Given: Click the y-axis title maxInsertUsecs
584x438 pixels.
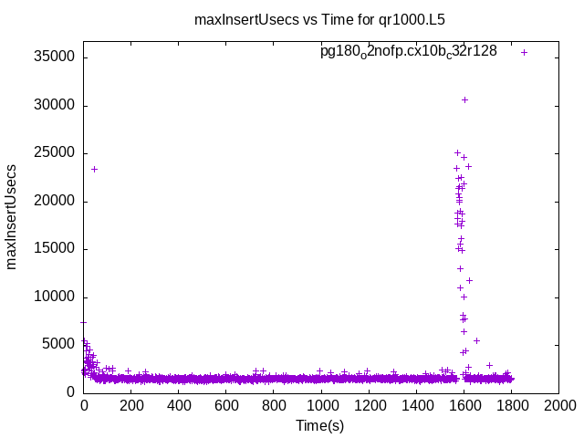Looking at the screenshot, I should pyautogui.click(x=12, y=216).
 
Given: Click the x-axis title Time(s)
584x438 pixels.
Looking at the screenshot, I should pyautogui.click(x=320, y=425).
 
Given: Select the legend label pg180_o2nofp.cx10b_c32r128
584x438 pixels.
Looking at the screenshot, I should pyautogui.click(x=408, y=52).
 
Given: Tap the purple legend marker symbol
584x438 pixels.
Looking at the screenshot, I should pyautogui.click(x=524, y=52).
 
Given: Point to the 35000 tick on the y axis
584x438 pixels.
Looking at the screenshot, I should pyautogui.click(x=55, y=57).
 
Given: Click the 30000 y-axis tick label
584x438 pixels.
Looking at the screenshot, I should pyautogui.click(x=55, y=106).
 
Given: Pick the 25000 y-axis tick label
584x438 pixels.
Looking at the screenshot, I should pyautogui.click(x=55, y=153).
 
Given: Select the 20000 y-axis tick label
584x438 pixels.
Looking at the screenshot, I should pyautogui.click(x=55, y=201).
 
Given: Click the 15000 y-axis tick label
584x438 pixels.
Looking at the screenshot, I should pyautogui.click(x=55, y=249).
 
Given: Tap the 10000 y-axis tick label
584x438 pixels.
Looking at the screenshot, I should pyautogui.click(x=55, y=297).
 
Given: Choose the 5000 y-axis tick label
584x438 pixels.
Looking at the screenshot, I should pyautogui.click(x=58, y=344).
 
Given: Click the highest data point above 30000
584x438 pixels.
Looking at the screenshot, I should pyautogui.click(x=464, y=99).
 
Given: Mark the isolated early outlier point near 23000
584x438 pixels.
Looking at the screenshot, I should pyautogui.click(x=94, y=169).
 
